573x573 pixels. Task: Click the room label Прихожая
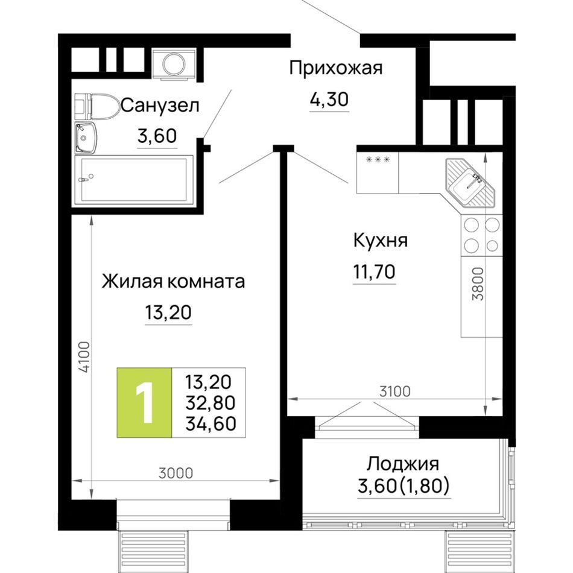coord(335,68)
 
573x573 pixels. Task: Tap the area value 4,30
coord(329,99)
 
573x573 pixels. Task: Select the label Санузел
coord(160,106)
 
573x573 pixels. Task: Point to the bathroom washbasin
coord(86,138)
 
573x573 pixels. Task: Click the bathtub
coord(134,180)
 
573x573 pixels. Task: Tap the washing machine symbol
coord(174,64)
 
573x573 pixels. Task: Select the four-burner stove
coord(482,235)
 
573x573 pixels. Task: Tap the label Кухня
coord(381,241)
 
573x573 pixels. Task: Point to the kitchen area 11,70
coord(374,272)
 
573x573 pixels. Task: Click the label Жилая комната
coord(173,282)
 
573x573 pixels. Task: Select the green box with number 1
coord(144,402)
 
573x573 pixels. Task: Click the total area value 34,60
coord(211,423)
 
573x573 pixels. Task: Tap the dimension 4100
coord(84,357)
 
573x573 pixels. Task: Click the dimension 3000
coord(176,473)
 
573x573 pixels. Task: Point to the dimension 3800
coord(478,284)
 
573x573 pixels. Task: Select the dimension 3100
coord(394,391)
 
